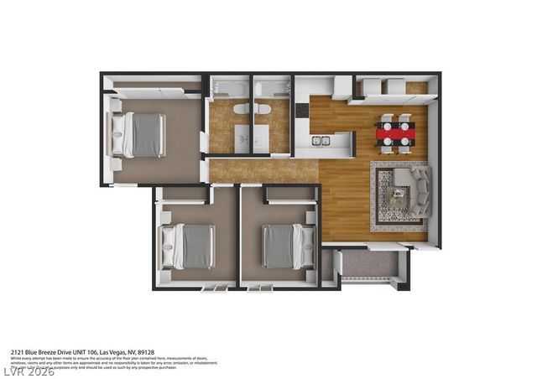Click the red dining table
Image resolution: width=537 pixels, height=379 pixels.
(x=394, y=132)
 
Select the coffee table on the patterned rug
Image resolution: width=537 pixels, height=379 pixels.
(x=394, y=195)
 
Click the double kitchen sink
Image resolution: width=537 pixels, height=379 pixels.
(x=321, y=141)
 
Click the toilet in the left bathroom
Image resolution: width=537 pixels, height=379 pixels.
(x=241, y=109)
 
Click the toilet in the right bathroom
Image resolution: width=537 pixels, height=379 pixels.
(x=263, y=109)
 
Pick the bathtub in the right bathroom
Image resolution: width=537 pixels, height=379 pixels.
(x=272, y=87)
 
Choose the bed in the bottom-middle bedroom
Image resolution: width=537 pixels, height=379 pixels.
(x=282, y=246)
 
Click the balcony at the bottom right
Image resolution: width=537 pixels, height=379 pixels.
(x=368, y=265)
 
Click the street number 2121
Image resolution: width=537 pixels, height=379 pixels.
(x=18, y=352)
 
